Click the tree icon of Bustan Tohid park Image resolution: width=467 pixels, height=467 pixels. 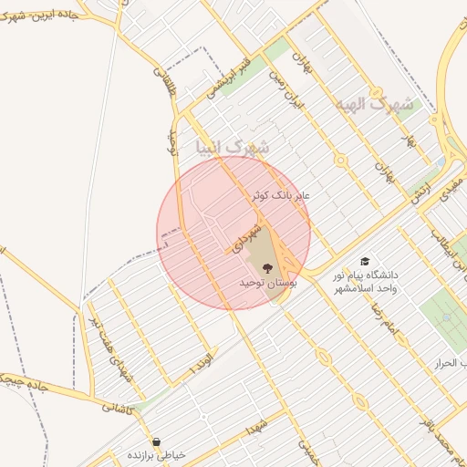pos(267,268)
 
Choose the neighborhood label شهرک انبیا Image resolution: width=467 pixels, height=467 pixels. pos(233,147)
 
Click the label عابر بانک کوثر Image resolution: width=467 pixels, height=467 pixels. pos(282,196)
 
